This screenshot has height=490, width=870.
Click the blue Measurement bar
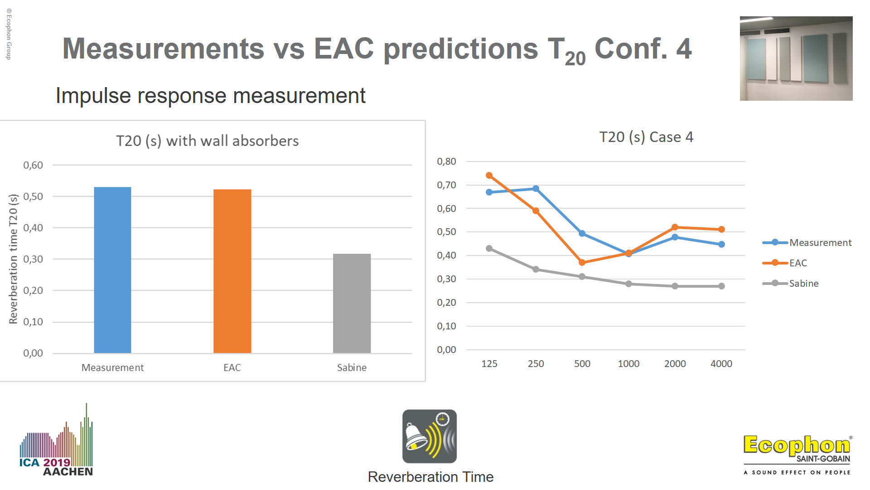(112, 270)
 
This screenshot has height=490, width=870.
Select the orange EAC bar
(232, 271)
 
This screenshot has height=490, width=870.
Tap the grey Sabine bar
(352, 304)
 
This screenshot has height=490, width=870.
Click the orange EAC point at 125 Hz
(489, 176)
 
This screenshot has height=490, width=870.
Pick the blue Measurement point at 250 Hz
(536, 189)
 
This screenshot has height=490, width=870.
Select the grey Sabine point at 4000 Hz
(721, 286)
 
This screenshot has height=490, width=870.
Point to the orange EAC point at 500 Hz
(582, 263)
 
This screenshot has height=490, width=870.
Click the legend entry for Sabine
(791, 284)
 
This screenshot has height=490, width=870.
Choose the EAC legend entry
(785, 263)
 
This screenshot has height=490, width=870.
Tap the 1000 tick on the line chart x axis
(628, 364)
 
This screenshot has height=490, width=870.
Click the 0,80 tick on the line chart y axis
(446, 162)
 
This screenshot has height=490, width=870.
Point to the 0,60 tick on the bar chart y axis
(33, 165)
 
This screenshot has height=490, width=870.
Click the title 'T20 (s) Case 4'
(646, 137)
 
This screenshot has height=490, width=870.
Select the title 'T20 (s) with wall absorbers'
(208, 141)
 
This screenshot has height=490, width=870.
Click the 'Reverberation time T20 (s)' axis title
(14, 259)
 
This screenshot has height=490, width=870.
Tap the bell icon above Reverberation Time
(430, 436)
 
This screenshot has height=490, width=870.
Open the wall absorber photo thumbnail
(796, 59)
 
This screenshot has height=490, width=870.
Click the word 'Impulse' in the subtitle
(93, 96)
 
